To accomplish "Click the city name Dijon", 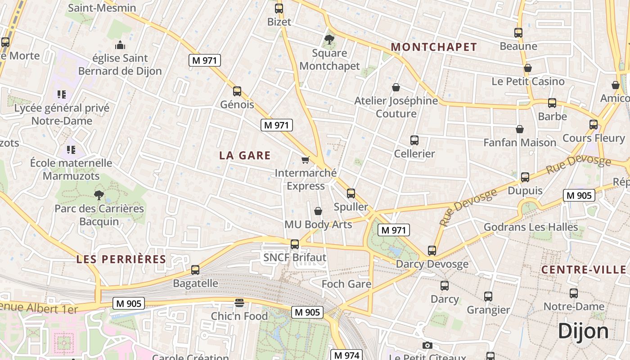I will point(583,332).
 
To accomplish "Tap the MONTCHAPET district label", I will point(434,47).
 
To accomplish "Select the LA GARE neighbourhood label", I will point(245,156).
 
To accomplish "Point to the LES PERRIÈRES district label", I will point(121,259).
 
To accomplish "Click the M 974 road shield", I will point(346,355).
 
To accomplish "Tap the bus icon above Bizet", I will point(279,8).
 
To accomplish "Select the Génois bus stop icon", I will point(237,91).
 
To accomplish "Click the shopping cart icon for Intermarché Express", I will point(306,160).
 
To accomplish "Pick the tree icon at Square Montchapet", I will point(329,40).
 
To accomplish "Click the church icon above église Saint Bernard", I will point(120,45).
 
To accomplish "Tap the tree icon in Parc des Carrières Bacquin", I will point(99,195).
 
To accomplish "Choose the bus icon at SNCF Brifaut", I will point(295,244).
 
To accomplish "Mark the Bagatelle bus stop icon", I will point(195,270).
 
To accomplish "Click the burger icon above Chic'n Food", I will point(239,303).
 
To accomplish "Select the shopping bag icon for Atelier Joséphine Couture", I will point(396,87).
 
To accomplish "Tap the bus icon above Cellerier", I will point(414,140).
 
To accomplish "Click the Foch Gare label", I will point(346,284).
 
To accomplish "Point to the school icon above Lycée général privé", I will point(62,94).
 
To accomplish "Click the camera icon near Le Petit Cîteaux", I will point(427,346).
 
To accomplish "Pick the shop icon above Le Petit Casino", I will point(528,68).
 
